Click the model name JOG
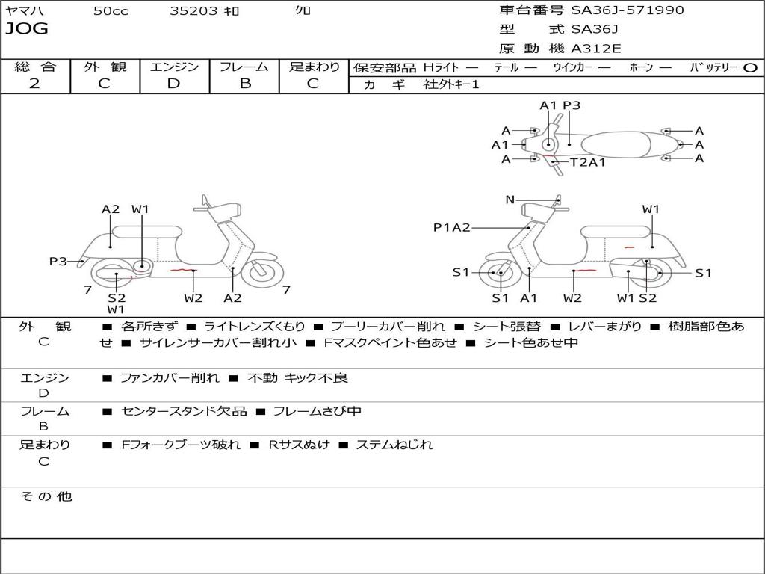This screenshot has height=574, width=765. (x=27, y=29)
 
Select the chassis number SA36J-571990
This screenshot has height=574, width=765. (x=628, y=10)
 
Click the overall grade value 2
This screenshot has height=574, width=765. (x=34, y=84)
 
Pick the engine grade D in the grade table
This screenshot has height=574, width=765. (x=173, y=84)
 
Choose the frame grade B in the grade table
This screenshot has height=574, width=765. (x=245, y=84)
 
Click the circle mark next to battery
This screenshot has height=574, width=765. (x=750, y=68)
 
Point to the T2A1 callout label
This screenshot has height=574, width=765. (x=588, y=162)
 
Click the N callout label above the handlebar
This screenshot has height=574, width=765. (x=510, y=200)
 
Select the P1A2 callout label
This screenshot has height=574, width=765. (x=452, y=227)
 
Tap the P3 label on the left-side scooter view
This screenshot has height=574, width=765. (x=58, y=262)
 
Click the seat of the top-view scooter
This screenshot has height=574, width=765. (x=616, y=144)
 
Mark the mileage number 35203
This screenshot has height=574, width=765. (x=193, y=10)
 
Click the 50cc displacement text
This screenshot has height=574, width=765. (x=111, y=10)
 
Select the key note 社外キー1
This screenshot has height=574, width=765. (x=451, y=84)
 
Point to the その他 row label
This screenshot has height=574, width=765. (x=46, y=496)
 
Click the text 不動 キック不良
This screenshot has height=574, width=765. (x=297, y=377)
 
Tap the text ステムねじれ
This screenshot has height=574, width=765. (x=394, y=445)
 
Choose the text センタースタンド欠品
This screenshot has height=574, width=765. (x=184, y=411)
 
